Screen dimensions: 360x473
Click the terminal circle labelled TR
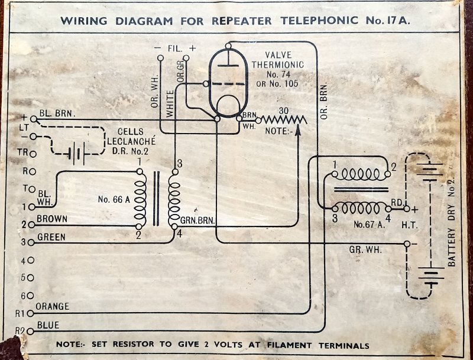[33, 154]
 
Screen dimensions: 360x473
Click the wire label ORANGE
[53, 307]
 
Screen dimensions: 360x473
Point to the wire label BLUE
[47, 325]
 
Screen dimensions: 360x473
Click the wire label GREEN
[50, 237]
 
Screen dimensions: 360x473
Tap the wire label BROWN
[51, 219]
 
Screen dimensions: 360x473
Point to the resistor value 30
[284, 111]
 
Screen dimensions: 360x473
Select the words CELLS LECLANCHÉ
[135, 137]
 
